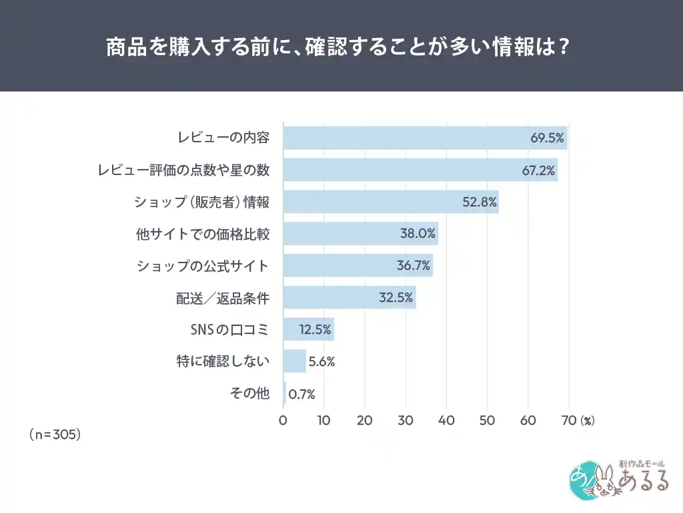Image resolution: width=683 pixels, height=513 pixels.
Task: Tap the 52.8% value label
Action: (480, 202)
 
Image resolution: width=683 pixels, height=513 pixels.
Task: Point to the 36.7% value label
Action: (414, 266)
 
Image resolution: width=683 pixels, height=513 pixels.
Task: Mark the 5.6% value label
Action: (321, 362)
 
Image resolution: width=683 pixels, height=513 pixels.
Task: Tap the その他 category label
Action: (249, 393)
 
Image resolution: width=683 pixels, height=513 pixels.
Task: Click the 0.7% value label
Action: (301, 394)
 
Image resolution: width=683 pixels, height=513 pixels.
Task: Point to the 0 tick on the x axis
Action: (283, 421)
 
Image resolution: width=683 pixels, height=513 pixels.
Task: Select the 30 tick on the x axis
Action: (406, 421)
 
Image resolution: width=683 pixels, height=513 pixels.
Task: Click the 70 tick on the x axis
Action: (569, 421)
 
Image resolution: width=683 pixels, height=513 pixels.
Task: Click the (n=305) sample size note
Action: (55, 434)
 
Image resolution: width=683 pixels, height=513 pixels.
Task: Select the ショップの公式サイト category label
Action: (203, 266)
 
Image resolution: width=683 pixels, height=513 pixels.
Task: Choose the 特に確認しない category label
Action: (221, 362)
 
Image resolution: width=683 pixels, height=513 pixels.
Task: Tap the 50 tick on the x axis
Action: (487, 421)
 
